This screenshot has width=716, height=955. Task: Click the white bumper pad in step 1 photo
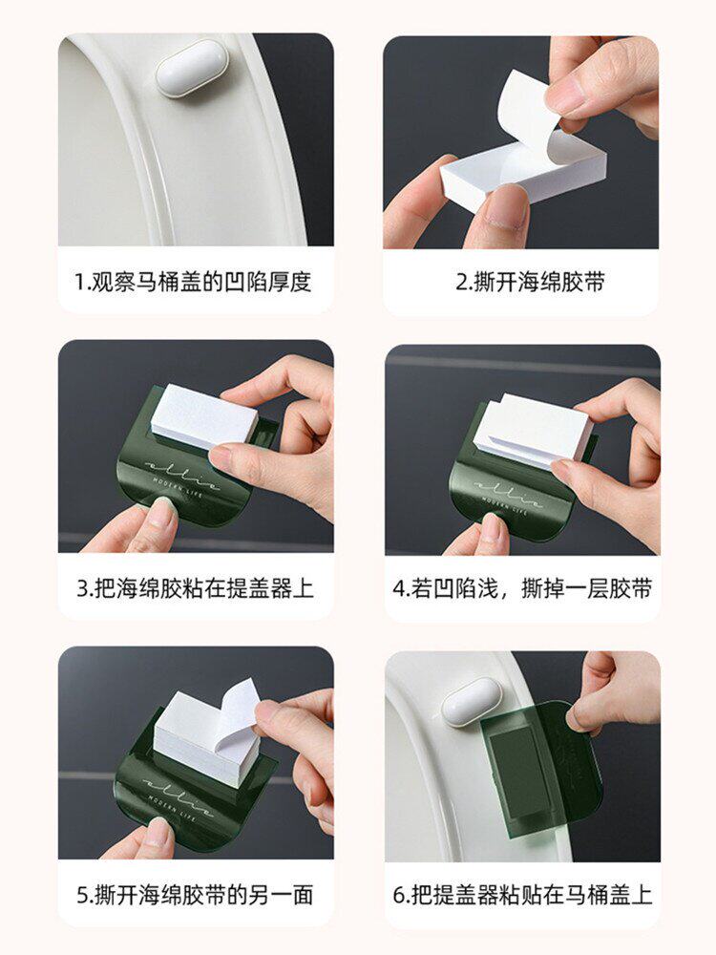(x=191, y=69)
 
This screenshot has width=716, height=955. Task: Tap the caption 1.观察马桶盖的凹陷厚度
(x=193, y=282)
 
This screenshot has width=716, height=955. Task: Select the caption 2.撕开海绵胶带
(x=530, y=282)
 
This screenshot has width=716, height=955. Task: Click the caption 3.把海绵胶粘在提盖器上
(x=195, y=588)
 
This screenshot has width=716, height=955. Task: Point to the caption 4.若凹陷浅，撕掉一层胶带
(x=522, y=588)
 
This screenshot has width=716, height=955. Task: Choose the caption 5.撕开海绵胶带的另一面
(x=195, y=895)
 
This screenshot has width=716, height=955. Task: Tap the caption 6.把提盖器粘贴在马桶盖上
(x=522, y=895)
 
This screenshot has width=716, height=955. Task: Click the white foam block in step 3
(x=204, y=417)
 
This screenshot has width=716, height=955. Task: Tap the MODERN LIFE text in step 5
(x=171, y=807)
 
